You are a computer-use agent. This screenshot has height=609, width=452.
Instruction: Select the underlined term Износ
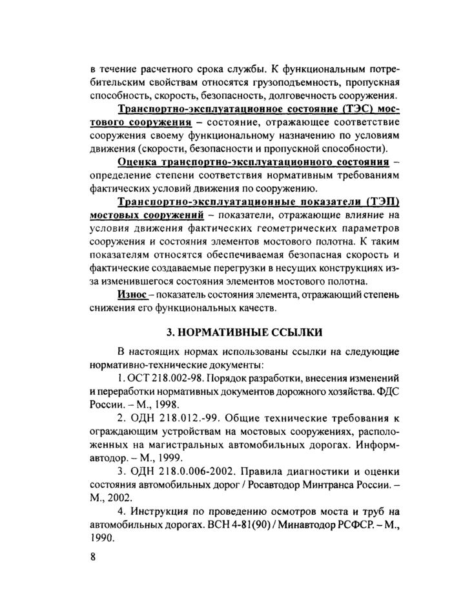coord(132,294)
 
